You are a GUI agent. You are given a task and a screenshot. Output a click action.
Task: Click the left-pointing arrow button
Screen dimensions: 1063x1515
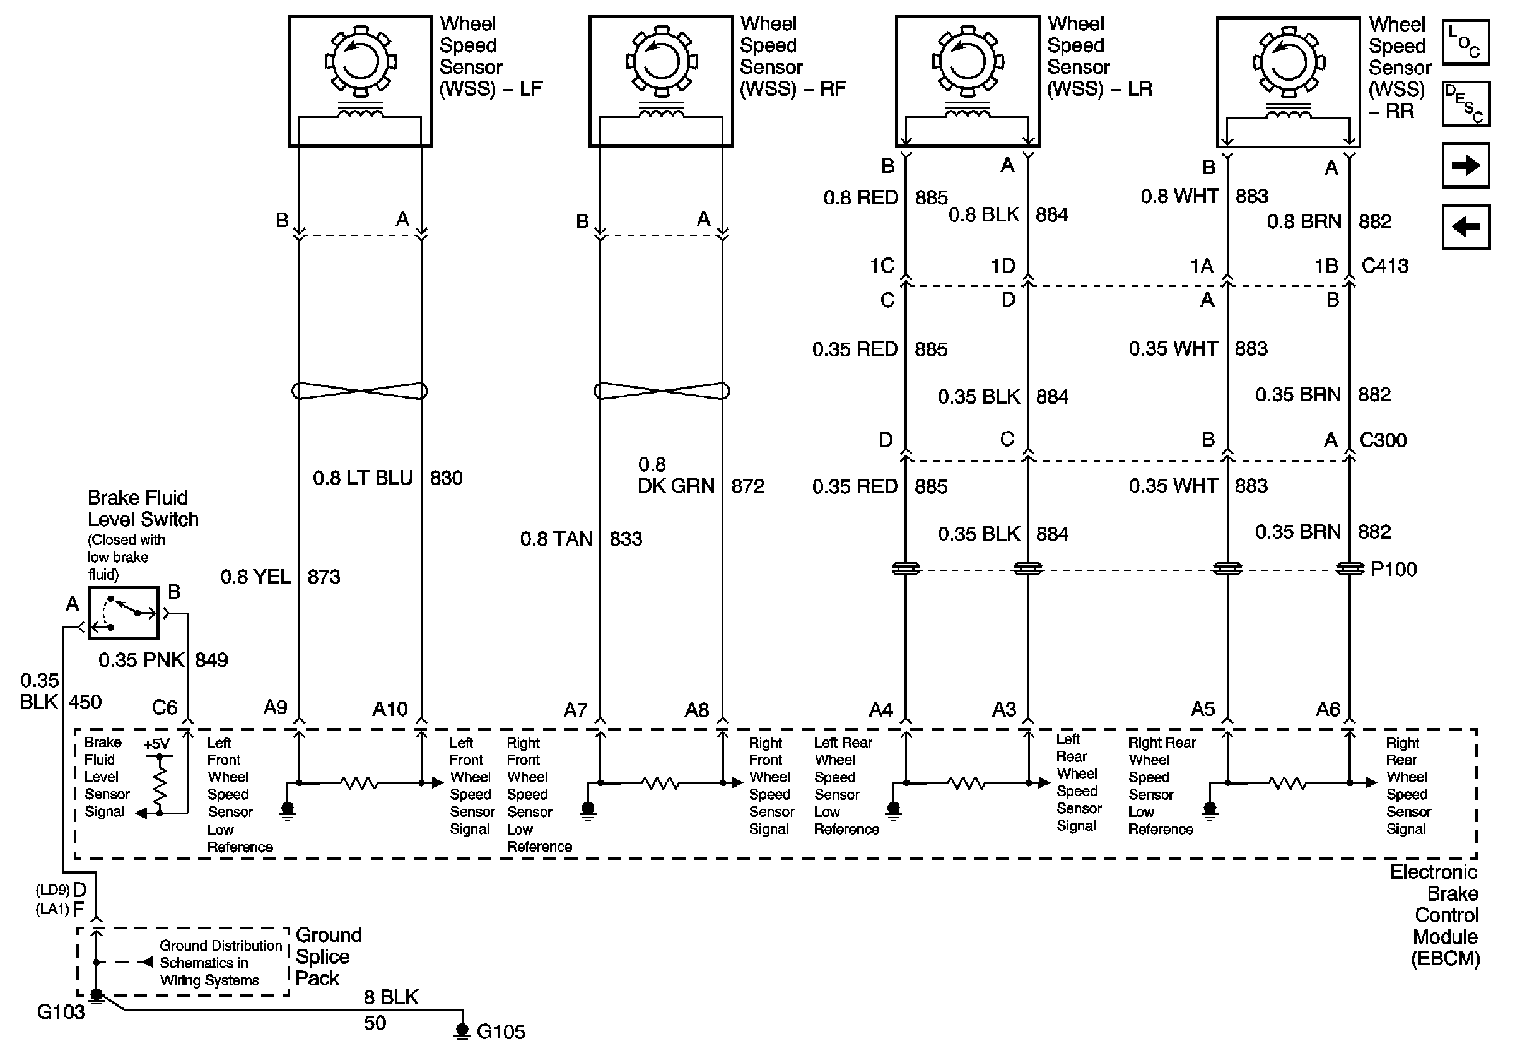1466,226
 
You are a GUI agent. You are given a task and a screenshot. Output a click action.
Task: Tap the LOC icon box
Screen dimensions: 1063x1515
1466,42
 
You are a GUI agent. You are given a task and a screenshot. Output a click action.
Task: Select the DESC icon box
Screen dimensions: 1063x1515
1466,103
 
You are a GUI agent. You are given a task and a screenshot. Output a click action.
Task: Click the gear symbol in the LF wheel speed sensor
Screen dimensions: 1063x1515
360,61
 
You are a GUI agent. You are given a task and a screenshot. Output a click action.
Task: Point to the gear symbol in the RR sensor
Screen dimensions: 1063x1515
1288,62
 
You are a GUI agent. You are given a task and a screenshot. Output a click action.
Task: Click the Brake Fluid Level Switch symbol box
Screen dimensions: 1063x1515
124,613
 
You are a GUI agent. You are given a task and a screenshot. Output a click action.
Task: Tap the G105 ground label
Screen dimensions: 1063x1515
500,1032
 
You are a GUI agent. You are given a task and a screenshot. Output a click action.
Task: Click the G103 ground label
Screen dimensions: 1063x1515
61,1012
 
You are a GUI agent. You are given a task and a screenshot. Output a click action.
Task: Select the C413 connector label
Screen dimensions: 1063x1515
1384,266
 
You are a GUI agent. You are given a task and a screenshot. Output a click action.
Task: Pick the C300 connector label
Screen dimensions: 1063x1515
1383,440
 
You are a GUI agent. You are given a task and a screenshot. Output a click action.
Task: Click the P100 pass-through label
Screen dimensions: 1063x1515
1393,569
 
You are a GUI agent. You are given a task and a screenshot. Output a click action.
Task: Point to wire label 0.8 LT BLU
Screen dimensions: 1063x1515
362,478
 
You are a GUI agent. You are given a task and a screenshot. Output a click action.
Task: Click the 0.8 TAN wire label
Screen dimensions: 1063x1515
556,539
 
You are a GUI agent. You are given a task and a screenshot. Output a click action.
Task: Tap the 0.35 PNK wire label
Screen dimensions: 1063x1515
141,660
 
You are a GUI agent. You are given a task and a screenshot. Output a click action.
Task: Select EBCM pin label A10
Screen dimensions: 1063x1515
390,709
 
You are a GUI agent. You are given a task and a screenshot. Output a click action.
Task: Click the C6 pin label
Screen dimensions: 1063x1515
164,708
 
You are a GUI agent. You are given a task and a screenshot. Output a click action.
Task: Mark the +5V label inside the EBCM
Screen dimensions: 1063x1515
156,744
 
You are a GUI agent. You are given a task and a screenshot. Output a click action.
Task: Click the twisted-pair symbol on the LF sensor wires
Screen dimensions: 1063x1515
360,391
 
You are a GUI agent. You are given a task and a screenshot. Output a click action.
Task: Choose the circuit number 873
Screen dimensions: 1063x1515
324,577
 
